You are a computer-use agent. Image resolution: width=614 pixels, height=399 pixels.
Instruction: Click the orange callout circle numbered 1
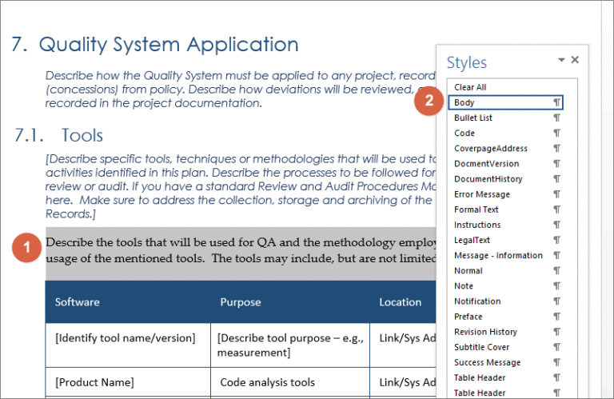tap(27, 248)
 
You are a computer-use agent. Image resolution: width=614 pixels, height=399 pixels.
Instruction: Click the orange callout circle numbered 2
tap(429, 102)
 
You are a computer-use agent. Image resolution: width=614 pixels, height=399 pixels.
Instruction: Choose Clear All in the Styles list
tap(470, 87)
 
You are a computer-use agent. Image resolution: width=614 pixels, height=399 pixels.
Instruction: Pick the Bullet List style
tap(473, 118)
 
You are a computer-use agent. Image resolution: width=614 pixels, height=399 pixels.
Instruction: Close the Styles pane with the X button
tap(575, 60)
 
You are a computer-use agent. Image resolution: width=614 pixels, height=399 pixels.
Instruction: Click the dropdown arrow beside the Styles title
tap(561, 60)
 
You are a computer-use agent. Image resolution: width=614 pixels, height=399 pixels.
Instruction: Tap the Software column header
tap(78, 302)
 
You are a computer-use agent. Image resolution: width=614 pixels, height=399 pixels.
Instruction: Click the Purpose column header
tap(241, 302)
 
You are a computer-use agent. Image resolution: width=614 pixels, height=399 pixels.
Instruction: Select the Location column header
tap(401, 302)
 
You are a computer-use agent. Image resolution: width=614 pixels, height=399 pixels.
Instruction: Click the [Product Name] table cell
tap(94, 382)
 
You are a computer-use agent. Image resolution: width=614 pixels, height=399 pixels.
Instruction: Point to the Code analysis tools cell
tap(268, 382)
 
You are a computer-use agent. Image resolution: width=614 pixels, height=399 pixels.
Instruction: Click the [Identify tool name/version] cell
tap(125, 338)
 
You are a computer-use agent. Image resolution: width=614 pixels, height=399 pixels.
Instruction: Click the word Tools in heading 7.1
tap(82, 136)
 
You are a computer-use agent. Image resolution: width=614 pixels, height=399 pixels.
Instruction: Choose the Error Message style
tap(481, 194)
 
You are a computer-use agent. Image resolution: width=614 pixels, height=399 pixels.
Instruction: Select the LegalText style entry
tap(472, 240)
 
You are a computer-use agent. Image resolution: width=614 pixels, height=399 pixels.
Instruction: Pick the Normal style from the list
tap(468, 270)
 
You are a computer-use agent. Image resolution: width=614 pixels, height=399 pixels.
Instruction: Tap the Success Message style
tap(487, 362)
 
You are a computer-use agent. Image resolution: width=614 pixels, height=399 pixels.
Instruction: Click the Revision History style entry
tap(485, 332)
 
